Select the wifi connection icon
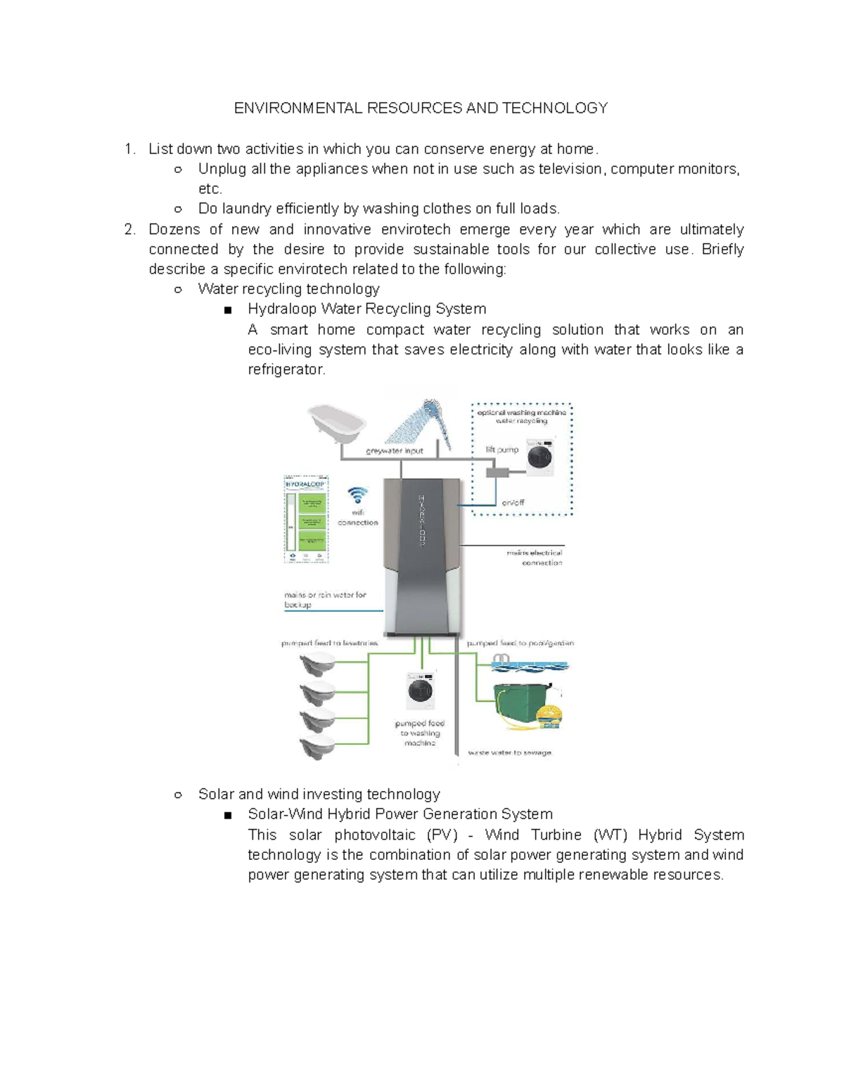(x=358, y=495)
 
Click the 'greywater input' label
(x=394, y=451)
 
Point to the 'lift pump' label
(x=502, y=449)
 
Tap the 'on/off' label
(x=513, y=502)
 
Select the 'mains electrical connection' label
(x=535, y=558)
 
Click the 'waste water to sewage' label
(x=510, y=752)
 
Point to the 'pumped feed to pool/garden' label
(x=520, y=643)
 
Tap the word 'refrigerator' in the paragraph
(x=286, y=369)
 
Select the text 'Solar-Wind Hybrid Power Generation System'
(x=399, y=814)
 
